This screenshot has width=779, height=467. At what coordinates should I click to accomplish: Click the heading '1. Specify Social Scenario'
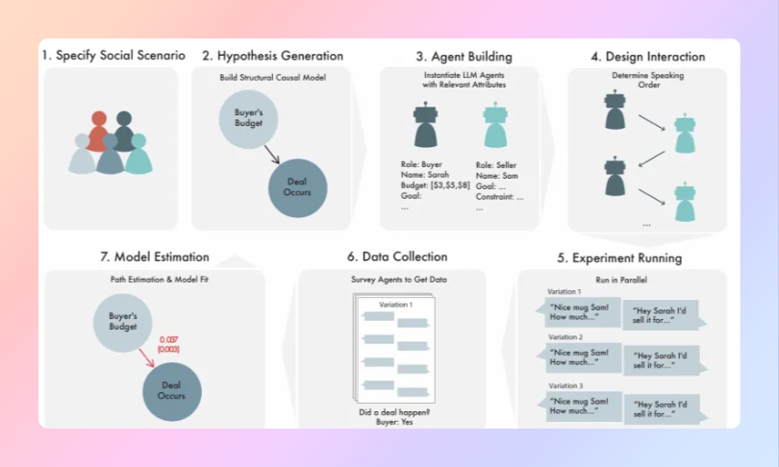click(113, 56)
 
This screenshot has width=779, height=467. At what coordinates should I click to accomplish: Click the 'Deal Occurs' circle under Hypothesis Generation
click(297, 186)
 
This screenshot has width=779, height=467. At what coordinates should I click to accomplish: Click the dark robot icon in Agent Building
click(424, 125)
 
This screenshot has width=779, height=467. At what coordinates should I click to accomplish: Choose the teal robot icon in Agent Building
click(493, 125)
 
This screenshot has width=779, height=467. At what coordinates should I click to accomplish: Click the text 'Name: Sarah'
click(423, 175)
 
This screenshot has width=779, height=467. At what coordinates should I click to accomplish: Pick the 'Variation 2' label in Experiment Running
click(565, 337)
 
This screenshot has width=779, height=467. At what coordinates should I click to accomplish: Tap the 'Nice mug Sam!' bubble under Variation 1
click(582, 312)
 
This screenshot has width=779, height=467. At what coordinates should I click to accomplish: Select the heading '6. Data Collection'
click(397, 257)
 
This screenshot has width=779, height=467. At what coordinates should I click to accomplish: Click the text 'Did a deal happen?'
click(393, 412)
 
